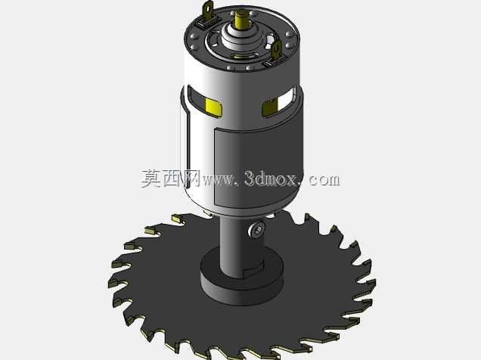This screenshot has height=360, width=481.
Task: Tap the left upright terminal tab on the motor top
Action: point(208,10)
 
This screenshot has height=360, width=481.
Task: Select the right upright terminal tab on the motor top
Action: point(276,51)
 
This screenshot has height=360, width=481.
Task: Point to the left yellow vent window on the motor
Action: point(214,107)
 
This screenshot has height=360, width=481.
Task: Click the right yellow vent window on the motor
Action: point(270,107)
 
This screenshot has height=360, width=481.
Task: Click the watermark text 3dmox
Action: point(271,178)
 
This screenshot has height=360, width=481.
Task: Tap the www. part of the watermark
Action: point(221,180)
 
